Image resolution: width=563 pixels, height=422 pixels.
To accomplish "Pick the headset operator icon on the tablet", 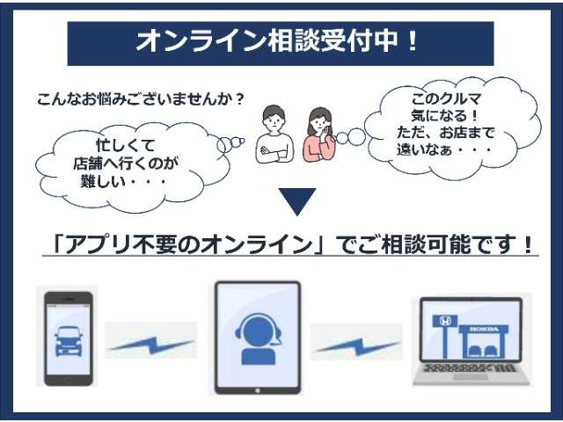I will tap(258, 338).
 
